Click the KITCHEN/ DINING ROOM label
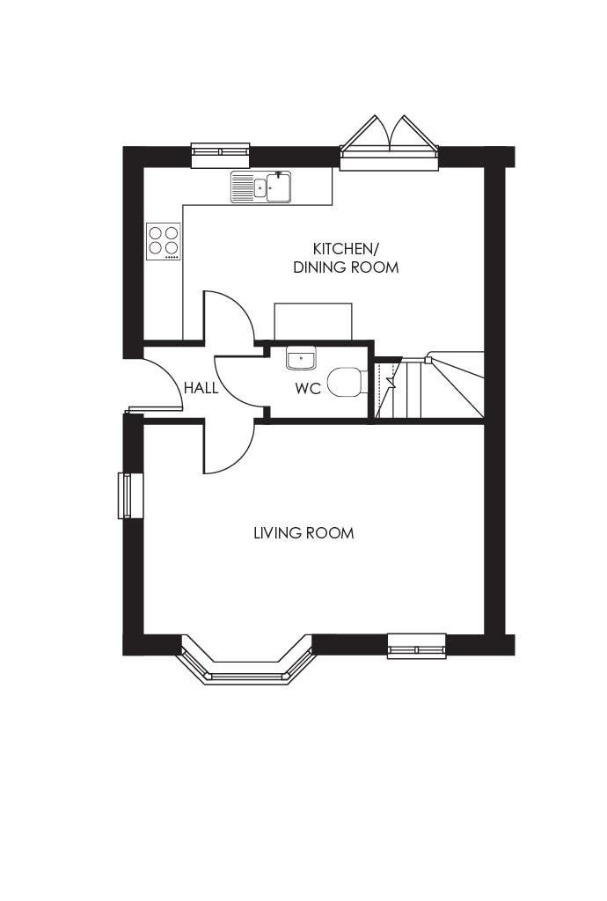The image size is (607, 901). click(x=345, y=258)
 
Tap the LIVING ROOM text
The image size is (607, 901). click(x=303, y=533)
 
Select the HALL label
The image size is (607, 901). click(x=201, y=388)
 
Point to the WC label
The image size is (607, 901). click(x=308, y=388)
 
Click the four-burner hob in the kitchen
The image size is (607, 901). click(x=164, y=241)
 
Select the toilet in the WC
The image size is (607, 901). click(x=345, y=384)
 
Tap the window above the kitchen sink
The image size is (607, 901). click(x=221, y=155)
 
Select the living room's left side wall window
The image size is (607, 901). click(x=129, y=495)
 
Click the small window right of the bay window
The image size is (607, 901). click(x=417, y=646)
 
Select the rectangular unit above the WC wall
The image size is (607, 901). click(x=313, y=321)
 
